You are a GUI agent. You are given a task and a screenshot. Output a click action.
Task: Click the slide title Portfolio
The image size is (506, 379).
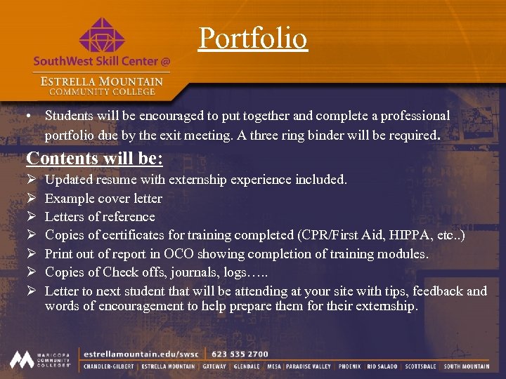coord(253,38)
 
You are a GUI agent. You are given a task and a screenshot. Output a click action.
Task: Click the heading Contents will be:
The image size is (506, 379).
coord(95,158)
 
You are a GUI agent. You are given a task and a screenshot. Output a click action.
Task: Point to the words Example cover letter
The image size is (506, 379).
coord(103,198)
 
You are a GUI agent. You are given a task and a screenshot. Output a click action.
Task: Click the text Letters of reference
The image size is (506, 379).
coord(100,216)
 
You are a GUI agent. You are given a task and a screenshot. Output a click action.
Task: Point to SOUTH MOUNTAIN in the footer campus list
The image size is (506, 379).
coord(467,366)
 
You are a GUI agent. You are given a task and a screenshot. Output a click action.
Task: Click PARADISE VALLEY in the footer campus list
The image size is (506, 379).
coord(309,366)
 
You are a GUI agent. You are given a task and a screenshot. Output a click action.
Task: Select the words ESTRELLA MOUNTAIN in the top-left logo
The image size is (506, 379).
coord(101,81)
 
